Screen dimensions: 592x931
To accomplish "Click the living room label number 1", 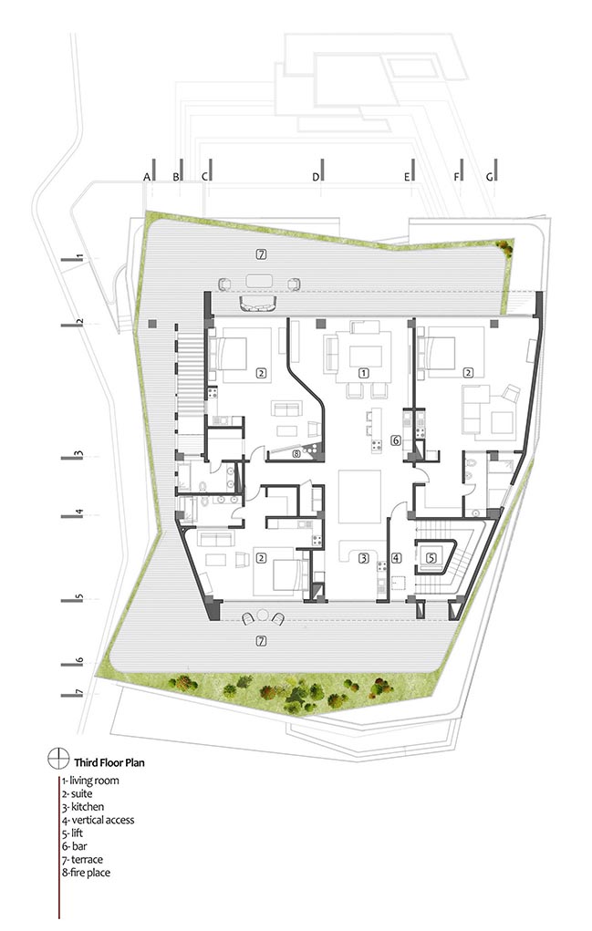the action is point(363,373).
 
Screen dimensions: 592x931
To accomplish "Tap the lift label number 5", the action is point(431,557).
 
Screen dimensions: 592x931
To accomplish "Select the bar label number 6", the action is point(396,440).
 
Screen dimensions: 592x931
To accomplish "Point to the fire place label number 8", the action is point(296,454).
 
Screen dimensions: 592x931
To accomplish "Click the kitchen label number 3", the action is point(363,557).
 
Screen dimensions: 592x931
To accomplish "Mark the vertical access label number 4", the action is point(396,557).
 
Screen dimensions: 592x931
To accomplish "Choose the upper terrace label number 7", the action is point(261,254).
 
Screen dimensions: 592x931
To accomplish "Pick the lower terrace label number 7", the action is point(260,641).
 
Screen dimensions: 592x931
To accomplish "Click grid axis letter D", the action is point(316,176).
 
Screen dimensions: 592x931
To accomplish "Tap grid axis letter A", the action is point(147,176).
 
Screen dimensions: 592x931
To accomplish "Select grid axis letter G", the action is point(489,176).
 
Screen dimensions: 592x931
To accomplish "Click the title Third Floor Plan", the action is point(109,762).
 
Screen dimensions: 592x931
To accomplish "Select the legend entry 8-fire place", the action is point(86,873).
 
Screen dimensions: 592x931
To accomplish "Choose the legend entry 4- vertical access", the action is point(98,820).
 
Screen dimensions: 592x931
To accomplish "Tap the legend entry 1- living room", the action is point(90,781).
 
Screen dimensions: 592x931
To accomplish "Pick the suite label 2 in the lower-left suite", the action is point(260,557).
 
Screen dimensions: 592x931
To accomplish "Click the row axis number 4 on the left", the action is point(78,512).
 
